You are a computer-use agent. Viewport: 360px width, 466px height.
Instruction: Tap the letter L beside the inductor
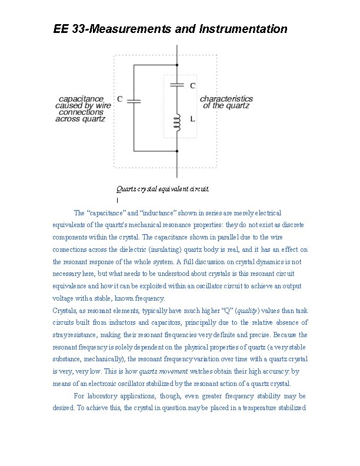point(194,119)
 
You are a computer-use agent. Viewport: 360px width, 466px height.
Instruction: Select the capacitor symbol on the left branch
point(135,100)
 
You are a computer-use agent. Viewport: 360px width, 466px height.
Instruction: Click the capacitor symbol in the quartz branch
point(176,85)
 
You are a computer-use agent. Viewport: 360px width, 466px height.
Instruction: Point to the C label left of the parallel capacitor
point(119,99)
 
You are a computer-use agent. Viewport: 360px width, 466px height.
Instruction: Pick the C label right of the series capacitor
point(193,85)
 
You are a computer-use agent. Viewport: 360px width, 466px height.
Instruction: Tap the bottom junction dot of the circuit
point(176,151)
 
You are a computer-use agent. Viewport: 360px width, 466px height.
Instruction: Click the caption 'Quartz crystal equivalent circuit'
point(162,189)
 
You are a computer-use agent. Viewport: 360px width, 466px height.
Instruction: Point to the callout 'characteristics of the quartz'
point(226,102)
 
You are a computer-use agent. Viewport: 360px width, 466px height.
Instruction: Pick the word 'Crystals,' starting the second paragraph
point(66,310)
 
